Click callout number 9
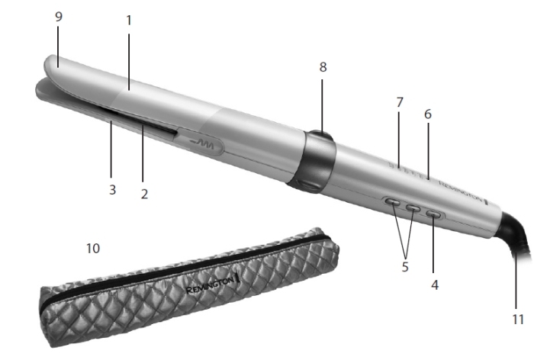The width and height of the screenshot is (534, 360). pyautogui.click(x=59, y=16)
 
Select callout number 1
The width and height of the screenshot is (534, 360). pyautogui.click(x=129, y=21)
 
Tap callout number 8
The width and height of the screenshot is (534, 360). pyautogui.click(x=323, y=67)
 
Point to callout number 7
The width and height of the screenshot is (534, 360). pyautogui.click(x=400, y=102)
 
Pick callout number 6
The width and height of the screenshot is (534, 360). pyautogui.click(x=428, y=114)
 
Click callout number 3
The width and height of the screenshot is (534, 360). pyautogui.click(x=112, y=190)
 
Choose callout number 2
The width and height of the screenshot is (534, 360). pyautogui.click(x=144, y=194)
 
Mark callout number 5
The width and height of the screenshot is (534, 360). pyautogui.click(x=405, y=267)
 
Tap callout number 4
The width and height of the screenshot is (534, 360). pyautogui.click(x=435, y=284)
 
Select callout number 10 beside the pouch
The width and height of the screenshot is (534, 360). pyautogui.click(x=93, y=249)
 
